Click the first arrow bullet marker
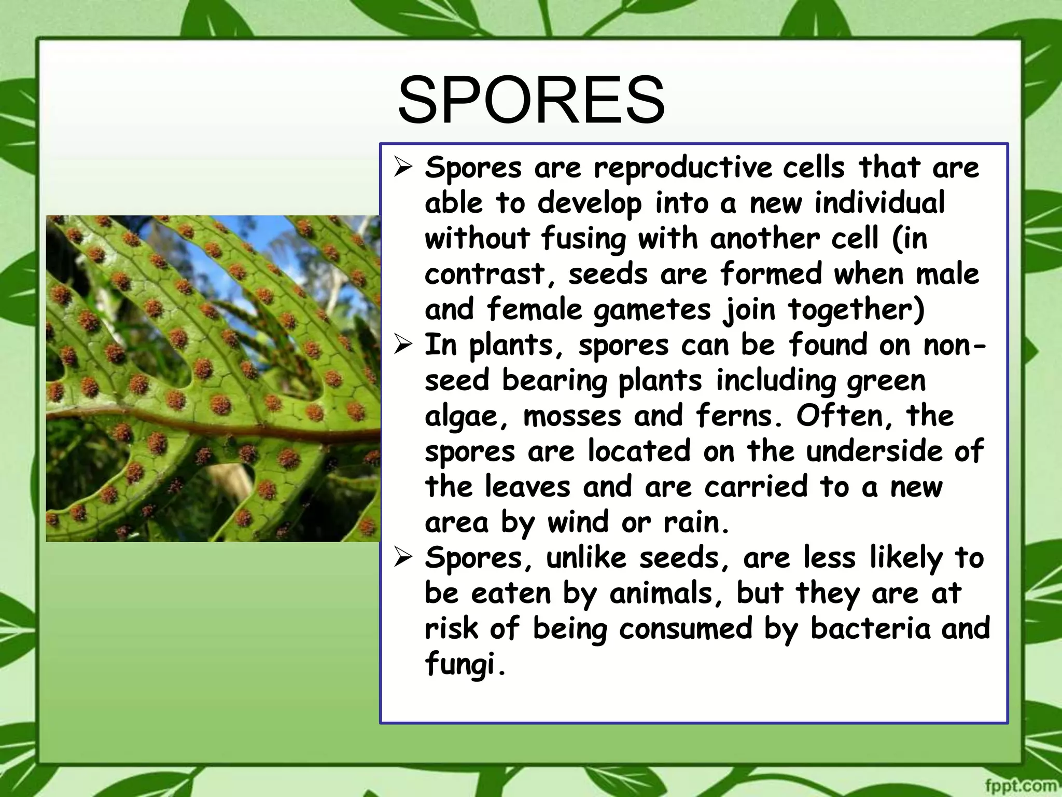click(403, 168)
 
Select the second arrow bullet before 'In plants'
click(403, 346)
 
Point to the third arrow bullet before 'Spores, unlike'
click(403, 558)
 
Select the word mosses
click(572, 417)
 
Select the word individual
click(879, 203)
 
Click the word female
click(534, 310)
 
